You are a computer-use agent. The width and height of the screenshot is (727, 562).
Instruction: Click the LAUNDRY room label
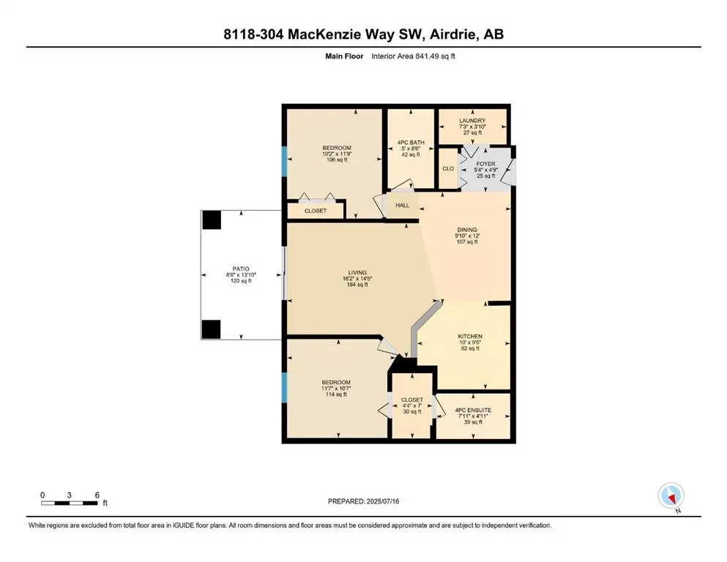[x=472, y=121]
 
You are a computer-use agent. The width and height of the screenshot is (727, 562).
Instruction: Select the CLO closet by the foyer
[x=448, y=169]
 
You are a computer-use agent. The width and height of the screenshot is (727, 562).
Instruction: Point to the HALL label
[x=403, y=206]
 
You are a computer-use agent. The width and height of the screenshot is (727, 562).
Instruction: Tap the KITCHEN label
[x=471, y=337]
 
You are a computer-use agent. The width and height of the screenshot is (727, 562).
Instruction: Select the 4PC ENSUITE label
[x=472, y=411]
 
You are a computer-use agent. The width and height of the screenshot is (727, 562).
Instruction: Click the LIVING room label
[x=357, y=272]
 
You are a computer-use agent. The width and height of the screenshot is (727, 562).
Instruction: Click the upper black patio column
[x=212, y=220]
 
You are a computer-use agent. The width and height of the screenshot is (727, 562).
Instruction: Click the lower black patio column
[x=212, y=329]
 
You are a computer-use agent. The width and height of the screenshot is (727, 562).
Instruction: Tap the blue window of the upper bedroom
[x=283, y=161]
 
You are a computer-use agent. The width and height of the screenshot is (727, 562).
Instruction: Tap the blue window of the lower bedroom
[x=283, y=387]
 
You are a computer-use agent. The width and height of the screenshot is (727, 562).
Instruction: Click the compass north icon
[x=671, y=497]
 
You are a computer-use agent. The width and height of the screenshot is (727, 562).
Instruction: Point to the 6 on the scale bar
[x=97, y=495]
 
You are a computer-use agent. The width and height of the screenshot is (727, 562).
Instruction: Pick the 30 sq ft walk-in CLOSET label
[x=412, y=400]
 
